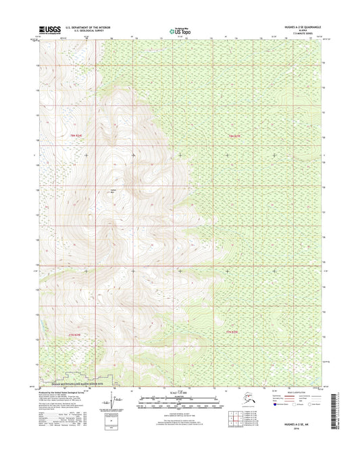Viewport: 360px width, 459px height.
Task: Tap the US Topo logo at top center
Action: coord(180,30)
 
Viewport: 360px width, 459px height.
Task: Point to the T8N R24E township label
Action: coord(61,136)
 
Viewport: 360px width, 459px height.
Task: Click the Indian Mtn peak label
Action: coord(113,191)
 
